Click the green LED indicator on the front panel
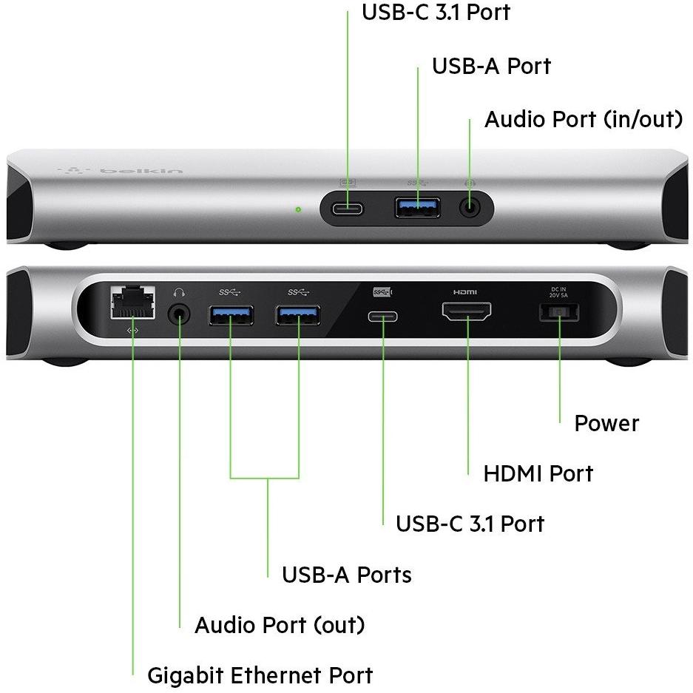pyautogui.click(x=298, y=209)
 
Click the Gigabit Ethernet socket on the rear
pyautogui.click(x=132, y=302)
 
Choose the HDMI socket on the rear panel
pyautogui.click(x=467, y=311)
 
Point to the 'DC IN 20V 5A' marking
pyautogui.click(x=559, y=291)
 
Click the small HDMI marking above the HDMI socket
pyautogui.click(x=465, y=291)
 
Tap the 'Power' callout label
pyautogui.click(x=606, y=423)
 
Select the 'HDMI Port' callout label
pyautogui.click(x=538, y=473)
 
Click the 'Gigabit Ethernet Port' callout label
pyautogui.click(x=260, y=675)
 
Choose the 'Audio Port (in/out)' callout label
pyautogui.click(x=583, y=119)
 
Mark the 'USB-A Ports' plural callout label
pyautogui.click(x=346, y=575)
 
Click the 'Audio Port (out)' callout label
pyautogui.click(x=280, y=625)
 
